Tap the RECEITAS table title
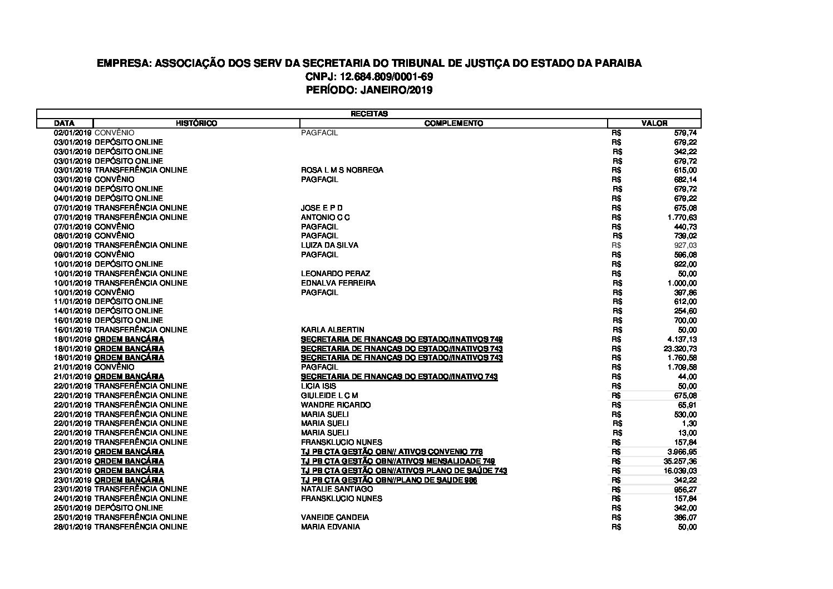(368, 114)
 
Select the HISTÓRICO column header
(196, 123)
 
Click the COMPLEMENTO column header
(454, 123)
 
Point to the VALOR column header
(654, 123)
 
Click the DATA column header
(65, 123)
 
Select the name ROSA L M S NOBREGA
(342, 170)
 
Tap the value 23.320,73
(679, 349)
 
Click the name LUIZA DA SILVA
(329, 245)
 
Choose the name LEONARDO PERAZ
(335, 273)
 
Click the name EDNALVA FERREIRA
(338, 283)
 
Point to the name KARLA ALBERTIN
(332, 330)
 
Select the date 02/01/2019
(72, 132)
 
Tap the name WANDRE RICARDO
(336, 405)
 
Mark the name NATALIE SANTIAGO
(337, 489)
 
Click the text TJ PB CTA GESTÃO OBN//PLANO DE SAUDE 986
(389, 480)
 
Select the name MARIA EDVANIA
(330, 527)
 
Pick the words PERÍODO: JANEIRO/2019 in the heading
(369, 90)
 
